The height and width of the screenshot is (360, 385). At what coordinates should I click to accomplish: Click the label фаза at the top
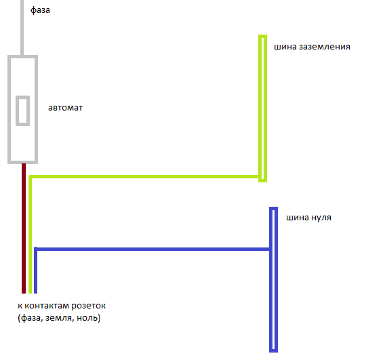pyautogui.click(x=40, y=10)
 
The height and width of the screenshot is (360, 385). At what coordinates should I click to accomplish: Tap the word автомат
pyautogui.click(x=65, y=108)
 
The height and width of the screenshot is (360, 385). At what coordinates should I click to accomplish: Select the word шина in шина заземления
pyautogui.click(x=285, y=47)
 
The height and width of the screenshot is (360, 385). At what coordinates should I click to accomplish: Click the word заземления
pyautogui.click(x=325, y=47)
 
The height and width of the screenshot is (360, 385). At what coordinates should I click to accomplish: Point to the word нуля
pyautogui.click(x=320, y=218)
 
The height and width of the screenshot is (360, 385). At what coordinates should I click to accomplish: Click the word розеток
pyautogui.click(x=88, y=306)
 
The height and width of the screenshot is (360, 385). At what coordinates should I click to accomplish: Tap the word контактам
pyautogui.click(x=47, y=306)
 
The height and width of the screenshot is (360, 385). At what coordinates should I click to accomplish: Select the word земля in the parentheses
pyautogui.click(x=59, y=318)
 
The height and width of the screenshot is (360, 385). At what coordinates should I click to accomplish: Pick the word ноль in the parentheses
pyautogui.click(x=87, y=318)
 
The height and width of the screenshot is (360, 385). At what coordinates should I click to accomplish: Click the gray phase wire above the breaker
pyautogui.click(x=22, y=28)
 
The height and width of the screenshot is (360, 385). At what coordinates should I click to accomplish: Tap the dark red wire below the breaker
pyautogui.click(x=24, y=228)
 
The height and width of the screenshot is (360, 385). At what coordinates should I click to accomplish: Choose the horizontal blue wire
pyautogui.click(x=153, y=249)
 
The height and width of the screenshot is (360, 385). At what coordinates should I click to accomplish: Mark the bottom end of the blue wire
pyautogui.click(x=36, y=293)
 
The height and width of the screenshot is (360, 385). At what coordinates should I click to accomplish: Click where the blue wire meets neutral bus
pyautogui.click(x=270, y=249)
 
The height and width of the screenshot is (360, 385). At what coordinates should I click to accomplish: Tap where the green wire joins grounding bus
pyautogui.click(x=260, y=176)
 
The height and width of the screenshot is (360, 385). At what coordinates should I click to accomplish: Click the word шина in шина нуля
pyautogui.click(x=297, y=218)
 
